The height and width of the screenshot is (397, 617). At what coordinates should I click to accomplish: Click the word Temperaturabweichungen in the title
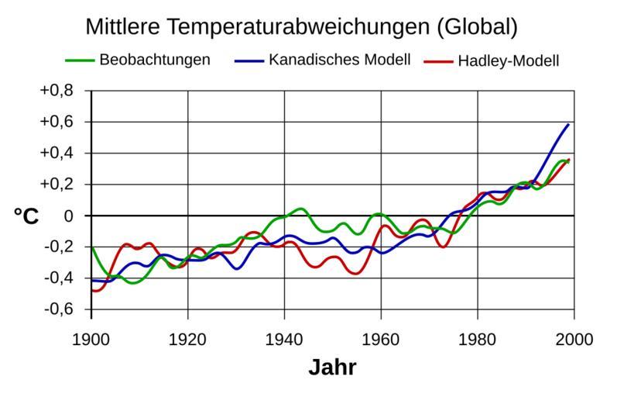(295, 27)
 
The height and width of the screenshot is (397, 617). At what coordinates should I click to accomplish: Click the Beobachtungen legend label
(155, 60)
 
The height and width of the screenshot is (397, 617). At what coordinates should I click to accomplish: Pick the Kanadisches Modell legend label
(339, 60)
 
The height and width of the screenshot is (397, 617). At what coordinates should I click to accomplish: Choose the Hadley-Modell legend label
(508, 60)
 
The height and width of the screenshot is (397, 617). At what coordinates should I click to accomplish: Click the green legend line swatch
(79, 60)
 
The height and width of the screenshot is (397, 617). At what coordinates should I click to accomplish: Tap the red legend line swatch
(438, 60)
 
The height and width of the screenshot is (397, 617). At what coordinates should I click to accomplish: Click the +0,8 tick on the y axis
(56, 91)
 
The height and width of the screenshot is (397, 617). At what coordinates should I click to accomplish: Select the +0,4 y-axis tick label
(56, 153)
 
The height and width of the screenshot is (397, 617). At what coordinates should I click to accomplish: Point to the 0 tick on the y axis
(68, 216)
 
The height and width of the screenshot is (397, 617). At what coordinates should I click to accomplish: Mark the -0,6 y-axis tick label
(57, 309)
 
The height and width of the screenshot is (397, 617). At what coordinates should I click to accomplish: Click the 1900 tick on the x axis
(91, 339)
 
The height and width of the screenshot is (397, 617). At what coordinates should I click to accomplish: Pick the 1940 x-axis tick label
(284, 339)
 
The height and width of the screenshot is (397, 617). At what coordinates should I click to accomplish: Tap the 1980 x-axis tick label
(478, 339)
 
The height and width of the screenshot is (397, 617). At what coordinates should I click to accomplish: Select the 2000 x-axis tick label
(574, 339)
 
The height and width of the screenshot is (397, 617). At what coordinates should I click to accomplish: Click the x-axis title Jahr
(332, 368)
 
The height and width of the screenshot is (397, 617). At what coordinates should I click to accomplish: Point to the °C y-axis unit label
(26, 216)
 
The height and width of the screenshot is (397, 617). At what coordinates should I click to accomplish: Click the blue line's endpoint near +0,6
(569, 124)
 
